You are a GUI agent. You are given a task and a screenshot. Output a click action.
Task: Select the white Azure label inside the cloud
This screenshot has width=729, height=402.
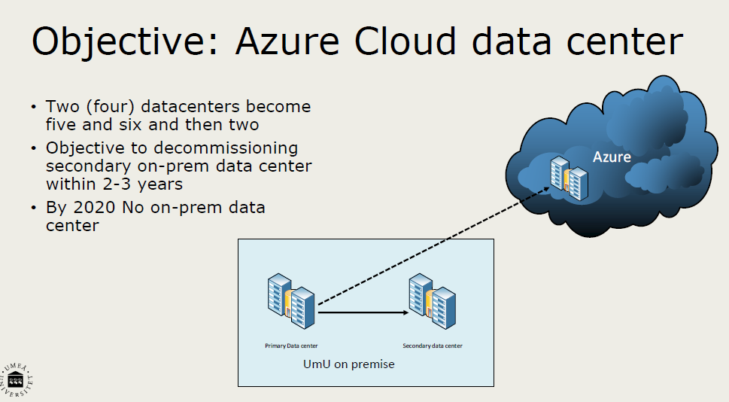click(612, 157)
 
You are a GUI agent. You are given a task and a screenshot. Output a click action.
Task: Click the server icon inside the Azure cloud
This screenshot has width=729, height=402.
click(569, 178)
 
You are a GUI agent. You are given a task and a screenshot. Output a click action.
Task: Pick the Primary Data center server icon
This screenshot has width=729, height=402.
click(291, 301)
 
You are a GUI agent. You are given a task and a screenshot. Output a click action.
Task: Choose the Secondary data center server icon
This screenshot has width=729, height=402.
click(433, 301)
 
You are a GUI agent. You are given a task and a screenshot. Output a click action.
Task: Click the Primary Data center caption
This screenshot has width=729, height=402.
click(291, 346)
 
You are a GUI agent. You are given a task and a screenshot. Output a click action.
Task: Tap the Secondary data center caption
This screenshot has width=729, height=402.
click(433, 346)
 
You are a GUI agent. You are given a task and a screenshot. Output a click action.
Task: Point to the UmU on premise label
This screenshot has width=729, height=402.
click(348, 364)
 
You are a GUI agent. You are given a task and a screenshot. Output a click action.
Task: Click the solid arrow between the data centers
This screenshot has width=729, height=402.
click(363, 312)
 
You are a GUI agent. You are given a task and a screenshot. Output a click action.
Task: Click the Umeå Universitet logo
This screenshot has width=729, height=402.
click(16, 380)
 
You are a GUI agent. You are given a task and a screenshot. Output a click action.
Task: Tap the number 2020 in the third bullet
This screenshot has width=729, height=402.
click(94, 208)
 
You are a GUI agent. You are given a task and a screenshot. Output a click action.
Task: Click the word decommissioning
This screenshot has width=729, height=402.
click(226, 148)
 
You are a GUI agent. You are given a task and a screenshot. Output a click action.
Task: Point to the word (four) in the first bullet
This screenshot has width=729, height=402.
click(110, 107)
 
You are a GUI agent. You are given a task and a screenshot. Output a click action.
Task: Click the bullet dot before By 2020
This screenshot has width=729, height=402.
click(33, 208)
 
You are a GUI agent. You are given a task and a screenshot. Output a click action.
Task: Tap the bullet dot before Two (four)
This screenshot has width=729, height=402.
click(33, 107)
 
